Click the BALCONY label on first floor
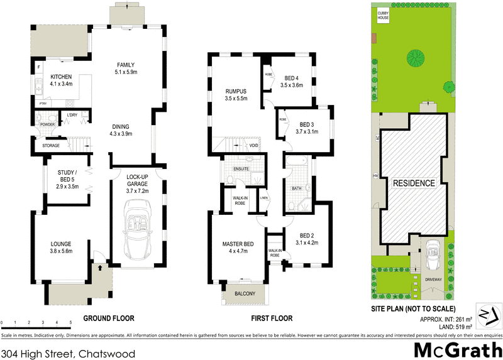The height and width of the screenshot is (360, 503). pos(245,293)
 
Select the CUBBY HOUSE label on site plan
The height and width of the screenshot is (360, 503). pos(383,15)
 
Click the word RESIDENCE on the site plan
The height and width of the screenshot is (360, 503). pos(414,183)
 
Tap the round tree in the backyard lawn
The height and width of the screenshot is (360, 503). pos(415,57)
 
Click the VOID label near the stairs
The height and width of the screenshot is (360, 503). pos(254,146)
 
